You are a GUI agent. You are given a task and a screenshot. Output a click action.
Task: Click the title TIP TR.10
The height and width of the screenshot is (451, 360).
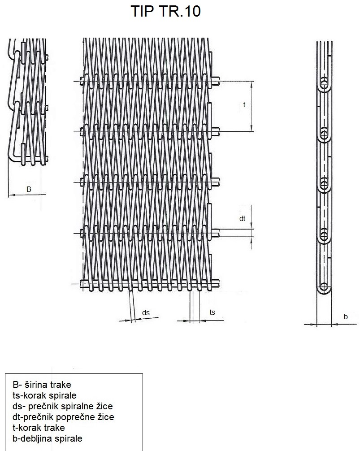(x=165, y=11)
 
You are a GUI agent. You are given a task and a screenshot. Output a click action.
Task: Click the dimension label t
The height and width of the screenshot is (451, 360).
(x=244, y=105)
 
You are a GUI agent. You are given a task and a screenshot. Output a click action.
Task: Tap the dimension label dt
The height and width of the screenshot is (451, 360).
(x=243, y=219)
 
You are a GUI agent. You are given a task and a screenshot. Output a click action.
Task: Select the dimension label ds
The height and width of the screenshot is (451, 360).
(x=146, y=312)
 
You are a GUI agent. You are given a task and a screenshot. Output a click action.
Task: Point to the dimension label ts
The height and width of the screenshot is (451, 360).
(x=212, y=312)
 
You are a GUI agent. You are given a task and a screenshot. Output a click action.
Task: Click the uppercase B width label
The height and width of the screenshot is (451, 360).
(x=29, y=189)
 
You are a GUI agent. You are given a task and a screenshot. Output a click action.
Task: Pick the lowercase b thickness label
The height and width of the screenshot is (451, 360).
(x=346, y=317)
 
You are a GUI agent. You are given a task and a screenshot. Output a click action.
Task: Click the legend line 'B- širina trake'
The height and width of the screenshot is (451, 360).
(x=42, y=385)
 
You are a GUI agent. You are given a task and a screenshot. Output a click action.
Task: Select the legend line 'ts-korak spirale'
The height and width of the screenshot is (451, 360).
(x=44, y=395)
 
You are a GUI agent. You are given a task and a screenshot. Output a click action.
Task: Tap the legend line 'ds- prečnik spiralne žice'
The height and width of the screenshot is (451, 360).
(x=63, y=406)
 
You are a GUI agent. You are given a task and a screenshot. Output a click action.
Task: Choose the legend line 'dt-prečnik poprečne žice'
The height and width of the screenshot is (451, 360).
(x=63, y=417)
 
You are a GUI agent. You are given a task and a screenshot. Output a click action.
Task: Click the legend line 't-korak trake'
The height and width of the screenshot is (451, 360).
(x=39, y=428)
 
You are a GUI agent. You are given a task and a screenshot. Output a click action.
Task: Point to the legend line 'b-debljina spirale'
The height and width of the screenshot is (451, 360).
(x=48, y=438)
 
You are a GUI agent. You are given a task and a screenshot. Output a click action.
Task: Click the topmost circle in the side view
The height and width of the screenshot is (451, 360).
(x=324, y=84)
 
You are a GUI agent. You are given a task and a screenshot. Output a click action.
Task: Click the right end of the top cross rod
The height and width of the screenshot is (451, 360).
(x=219, y=81)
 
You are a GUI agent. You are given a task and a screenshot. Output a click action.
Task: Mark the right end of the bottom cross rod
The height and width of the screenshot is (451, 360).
(x=219, y=284)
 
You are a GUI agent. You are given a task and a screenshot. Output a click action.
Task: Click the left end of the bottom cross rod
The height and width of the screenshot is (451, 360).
(x=81, y=284)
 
